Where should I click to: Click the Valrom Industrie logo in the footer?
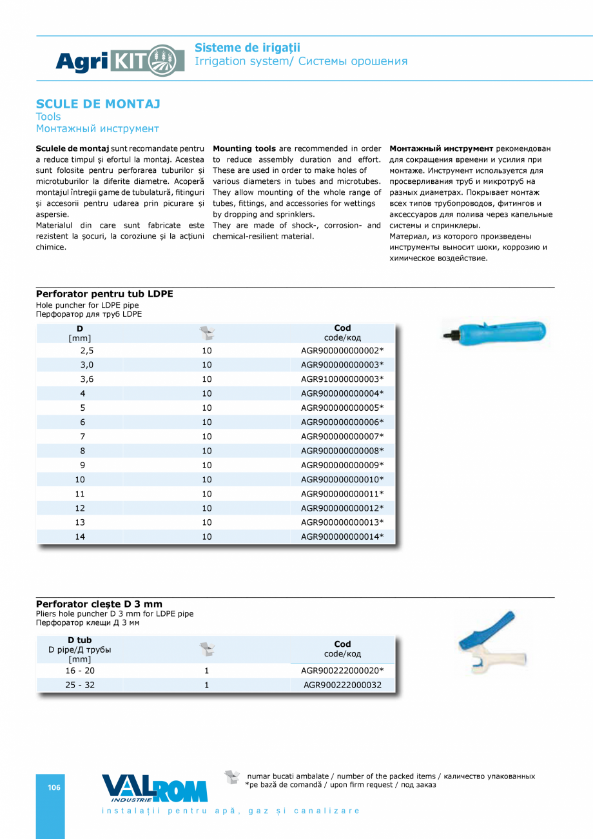154,788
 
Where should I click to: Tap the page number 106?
54,787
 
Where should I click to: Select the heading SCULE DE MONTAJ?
98,104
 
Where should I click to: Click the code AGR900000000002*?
342,351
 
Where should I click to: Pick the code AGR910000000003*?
342,379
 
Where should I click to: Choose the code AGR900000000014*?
342,537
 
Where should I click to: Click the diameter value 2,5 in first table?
87,351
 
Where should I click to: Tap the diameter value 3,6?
87,379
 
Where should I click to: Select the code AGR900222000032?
342,685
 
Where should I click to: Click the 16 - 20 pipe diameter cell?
80,671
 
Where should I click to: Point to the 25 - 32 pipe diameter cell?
80,685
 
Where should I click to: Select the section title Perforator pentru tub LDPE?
104,293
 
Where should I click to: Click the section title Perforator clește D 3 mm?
99,604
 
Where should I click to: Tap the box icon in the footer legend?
232,777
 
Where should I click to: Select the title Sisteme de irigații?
248,48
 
